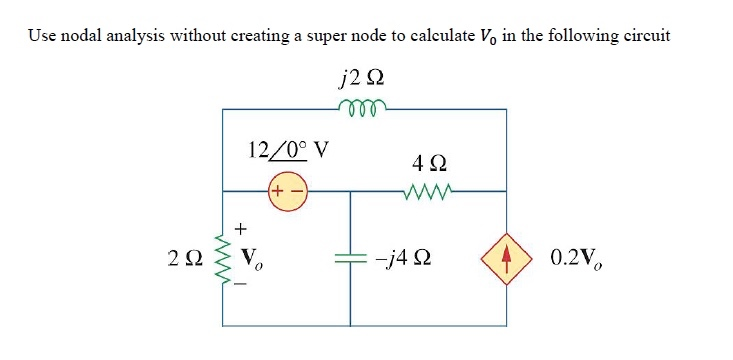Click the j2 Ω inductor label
click(363, 76)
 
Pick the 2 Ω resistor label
click(187, 260)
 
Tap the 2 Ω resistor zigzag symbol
click(222, 258)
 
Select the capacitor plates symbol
click(351, 259)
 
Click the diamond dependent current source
click(505, 259)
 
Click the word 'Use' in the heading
click(42, 36)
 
